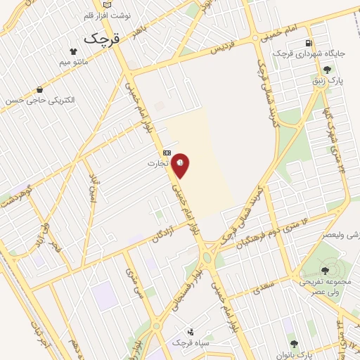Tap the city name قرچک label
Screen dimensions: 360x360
click(103, 39)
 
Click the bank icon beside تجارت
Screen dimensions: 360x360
click(167, 153)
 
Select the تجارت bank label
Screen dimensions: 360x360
click(158, 164)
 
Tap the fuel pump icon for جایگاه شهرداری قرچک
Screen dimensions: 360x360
click(309, 43)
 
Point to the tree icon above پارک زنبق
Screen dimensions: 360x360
click(327, 69)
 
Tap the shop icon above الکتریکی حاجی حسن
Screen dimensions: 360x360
click(39, 89)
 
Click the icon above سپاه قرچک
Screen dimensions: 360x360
click(190, 331)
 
